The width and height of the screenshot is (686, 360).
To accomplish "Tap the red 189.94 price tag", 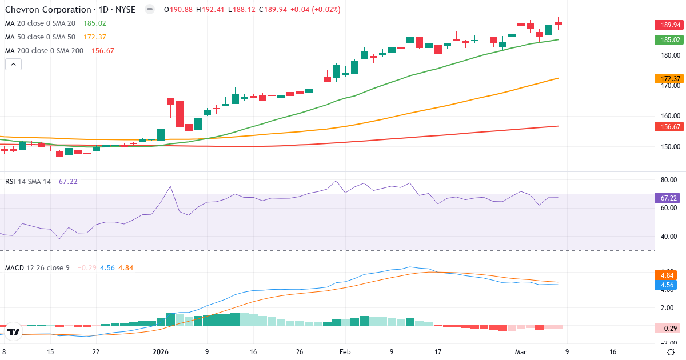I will point(669,25).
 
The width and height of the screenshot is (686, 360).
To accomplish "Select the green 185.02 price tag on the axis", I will point(669,40).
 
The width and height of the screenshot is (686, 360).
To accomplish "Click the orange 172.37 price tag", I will point(669,78).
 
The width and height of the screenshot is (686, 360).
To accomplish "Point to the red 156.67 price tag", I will point(669,126).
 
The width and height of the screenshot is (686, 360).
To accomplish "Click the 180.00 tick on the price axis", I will point(669,55).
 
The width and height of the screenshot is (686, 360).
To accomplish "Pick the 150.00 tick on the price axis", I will point(669,147).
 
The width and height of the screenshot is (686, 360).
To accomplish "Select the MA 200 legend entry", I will point(44,50).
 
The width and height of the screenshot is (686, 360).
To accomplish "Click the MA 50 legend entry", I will point(40,37).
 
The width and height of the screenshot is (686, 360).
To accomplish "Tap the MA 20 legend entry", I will point(40,23).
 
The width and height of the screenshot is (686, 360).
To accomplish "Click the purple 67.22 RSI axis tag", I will point(669,198).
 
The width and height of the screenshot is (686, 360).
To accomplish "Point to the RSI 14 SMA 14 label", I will point(28,181).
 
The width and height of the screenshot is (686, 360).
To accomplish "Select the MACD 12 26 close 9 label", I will point(37,267).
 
